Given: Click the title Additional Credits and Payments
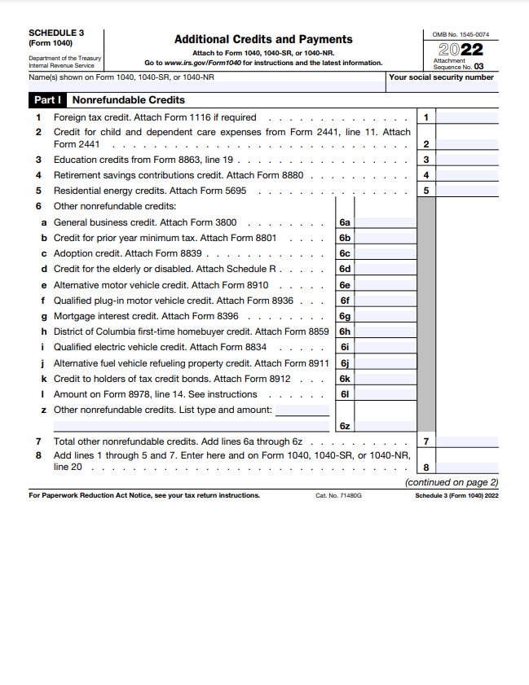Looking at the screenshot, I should pyautogui.click(x=263, y=39).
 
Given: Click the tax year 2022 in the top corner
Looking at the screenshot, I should pyautogui.click(x=461, y=50).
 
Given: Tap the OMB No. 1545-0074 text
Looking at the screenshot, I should pyautogui.click(x=461, y=34).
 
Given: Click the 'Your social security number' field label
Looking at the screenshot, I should pyautogui.click(x=441, y=77).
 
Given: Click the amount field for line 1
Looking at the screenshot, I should pyautogui.click(x=467, y=117).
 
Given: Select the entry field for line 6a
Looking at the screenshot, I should pyautogui.click(x=385, y=222).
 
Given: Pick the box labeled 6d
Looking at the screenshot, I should pyautogui.click(x=345, y=269).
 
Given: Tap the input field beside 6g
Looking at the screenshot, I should pyautogui.click(x=385, y=316).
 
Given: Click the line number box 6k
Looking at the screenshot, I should pyautogui.click(x=345, y=379).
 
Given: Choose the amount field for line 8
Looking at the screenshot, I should pyautogui.click(x=467, y=467).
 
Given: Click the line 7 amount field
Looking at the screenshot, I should pyautogui.click(x=467, y=441).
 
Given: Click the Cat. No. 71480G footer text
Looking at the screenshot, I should pyautogui.click(x=338, y=495).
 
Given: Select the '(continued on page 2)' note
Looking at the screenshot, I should pyautogui.click(x=452, y=482).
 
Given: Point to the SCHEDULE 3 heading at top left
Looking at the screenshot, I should pyautogui.click(x=56, y=33).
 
